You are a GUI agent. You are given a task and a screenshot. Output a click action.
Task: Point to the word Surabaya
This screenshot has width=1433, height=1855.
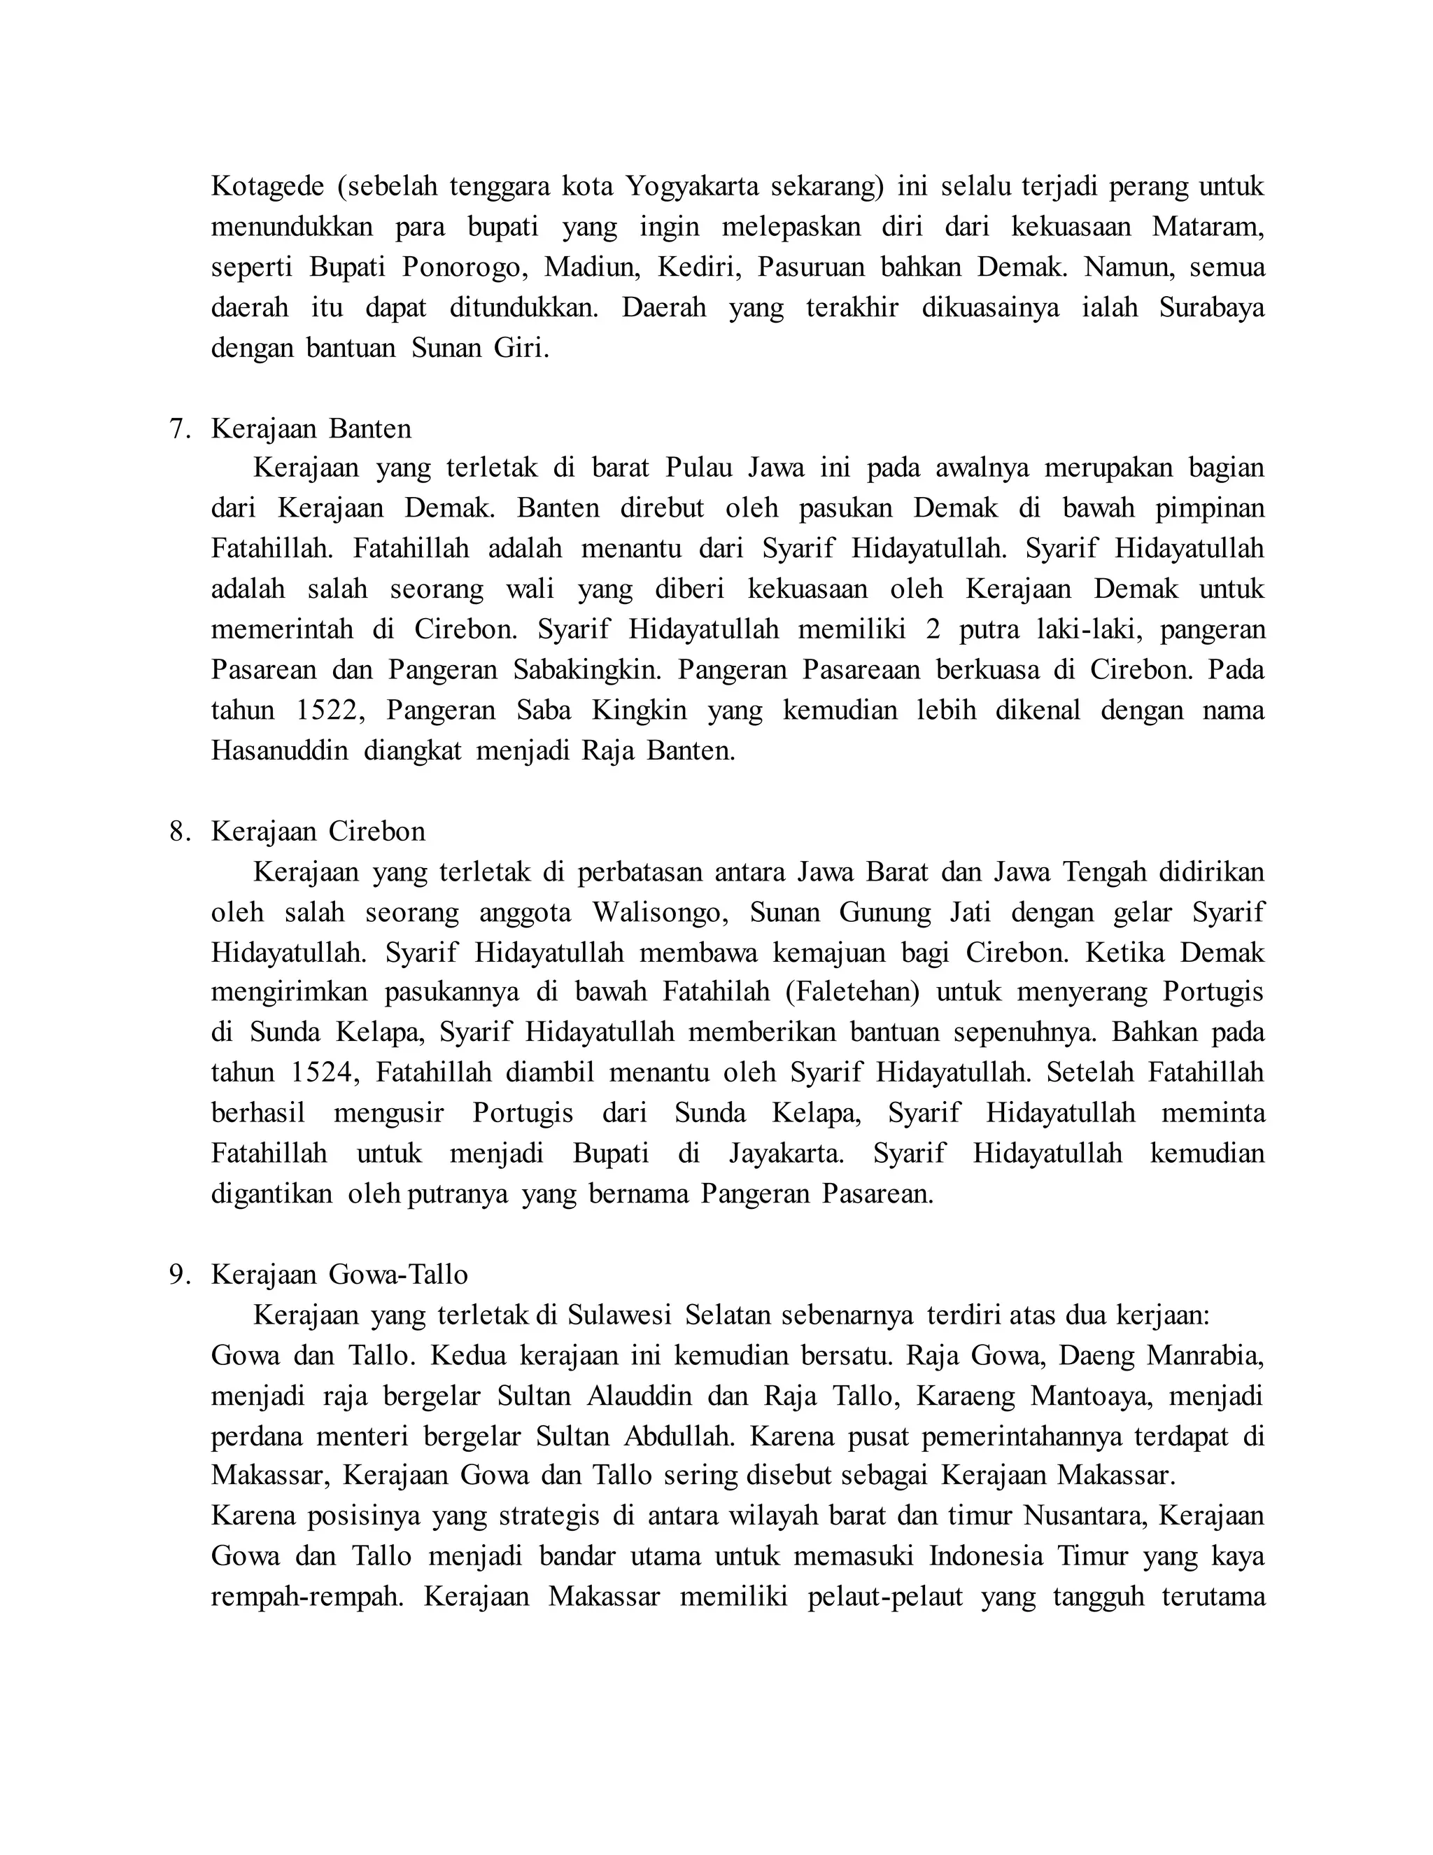click(1211, 307)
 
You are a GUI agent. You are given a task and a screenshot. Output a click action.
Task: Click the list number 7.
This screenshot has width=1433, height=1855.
click(179, 428)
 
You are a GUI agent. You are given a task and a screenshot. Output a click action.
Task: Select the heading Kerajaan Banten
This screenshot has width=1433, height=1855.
click(311, 428)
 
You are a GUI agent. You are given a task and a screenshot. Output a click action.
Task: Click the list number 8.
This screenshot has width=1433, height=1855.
click(179, 831)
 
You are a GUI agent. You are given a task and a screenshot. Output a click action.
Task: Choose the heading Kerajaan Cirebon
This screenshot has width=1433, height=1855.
click(318, 831)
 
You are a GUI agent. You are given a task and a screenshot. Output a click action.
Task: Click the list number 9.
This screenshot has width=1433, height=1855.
click(179, 1274)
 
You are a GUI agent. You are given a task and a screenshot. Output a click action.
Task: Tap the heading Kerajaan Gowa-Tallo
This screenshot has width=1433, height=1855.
click(339, 1274)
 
